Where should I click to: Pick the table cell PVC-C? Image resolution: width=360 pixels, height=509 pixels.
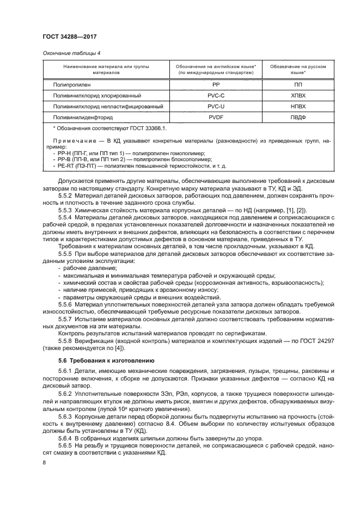pyautogui.click(x=215, y=95)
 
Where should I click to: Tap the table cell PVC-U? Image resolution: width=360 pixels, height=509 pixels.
pyautogui.click(x=215, y=106)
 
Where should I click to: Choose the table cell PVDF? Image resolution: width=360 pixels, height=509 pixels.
pyautogui.click(x=215, y=116)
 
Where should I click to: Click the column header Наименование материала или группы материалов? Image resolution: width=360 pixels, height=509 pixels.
pyautogui.click(x=101, y=69)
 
